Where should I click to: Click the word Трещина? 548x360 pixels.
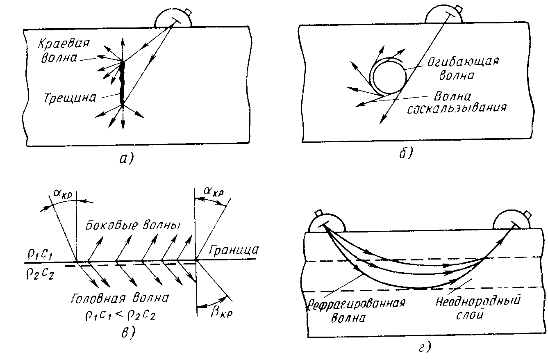tap(70, 98)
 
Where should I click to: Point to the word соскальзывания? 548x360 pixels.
tap(457, 108)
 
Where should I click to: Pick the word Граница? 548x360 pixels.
tap(234, 251)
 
